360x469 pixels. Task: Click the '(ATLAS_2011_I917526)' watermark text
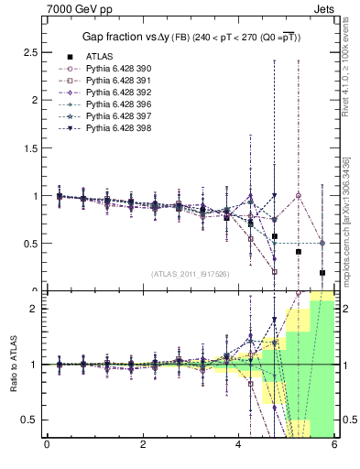[190, 274]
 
